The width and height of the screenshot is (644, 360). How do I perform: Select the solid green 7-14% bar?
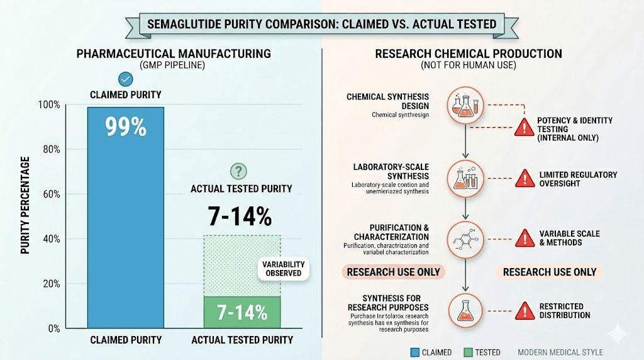pyautogui.click(x=242, y=312)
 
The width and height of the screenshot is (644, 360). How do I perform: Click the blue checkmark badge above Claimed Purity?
pyautogui.click(x=126, y=79)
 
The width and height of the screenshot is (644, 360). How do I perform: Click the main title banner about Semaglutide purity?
pyautogui.click(x=321, y=24)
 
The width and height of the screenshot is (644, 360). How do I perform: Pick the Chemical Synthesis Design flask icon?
pyautogui.click(x=465, y=104)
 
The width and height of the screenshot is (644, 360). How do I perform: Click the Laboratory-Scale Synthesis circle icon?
pyautogui.click(x=465, y=177)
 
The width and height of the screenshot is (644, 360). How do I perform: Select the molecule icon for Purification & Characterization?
pyautogui.click(x=465, y=239)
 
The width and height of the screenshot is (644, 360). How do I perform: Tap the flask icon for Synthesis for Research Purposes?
pyautogui.click(x=465, y=309)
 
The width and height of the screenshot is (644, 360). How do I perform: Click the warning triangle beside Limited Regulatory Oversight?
pyautogui.click(x=524, y=179)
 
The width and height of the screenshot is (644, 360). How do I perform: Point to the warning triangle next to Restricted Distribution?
pyautogui.click(x=524, y=311)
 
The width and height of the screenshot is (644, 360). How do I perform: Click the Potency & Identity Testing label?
pyautogui.click(x=574, y=128)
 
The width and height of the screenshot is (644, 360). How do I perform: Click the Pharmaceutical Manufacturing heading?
pyautogui.click(x=174, y=53)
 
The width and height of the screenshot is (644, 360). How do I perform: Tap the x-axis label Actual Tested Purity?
pyautogui.click(x=242, y=340)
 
